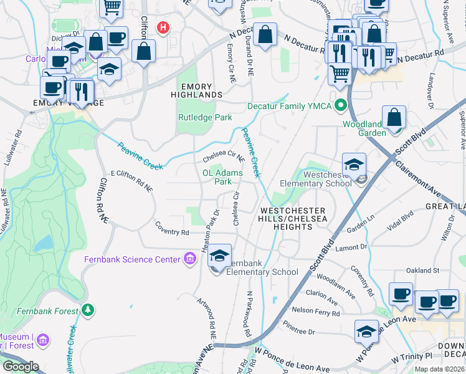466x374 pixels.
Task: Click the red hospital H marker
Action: coord(163,28)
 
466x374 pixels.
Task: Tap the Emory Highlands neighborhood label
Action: coord(197,90)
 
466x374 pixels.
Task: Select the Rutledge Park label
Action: coord(205,117)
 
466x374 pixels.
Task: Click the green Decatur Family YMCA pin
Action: coord(340,105)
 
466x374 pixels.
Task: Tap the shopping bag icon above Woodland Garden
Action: coord(395,117)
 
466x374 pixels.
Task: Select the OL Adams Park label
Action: coord(222,177)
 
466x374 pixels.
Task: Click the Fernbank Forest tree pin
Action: coord(88,310)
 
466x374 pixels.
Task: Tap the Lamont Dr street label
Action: coord(351,247)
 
